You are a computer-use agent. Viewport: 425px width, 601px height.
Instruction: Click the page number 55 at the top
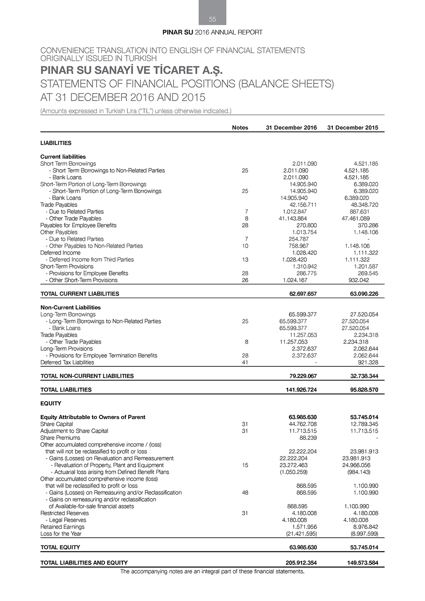(212, 19)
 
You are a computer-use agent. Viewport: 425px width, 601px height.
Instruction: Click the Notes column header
(240, 128)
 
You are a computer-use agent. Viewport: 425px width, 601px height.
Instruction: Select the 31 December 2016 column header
(291, 128)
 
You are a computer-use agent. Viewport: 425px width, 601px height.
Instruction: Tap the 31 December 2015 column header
(352, 128)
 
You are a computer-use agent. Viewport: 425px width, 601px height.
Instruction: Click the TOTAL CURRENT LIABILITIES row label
(80, 294)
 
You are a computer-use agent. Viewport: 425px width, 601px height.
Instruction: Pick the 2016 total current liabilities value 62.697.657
(301, 294)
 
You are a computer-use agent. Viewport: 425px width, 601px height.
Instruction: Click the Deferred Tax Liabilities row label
(67, 363)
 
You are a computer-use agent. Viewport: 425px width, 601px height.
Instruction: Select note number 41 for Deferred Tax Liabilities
(245, 363)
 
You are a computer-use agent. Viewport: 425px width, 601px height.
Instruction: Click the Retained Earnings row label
(62, 527)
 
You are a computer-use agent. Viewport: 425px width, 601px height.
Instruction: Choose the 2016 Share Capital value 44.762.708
(303, 424)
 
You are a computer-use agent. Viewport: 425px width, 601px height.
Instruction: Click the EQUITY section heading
(51, 403)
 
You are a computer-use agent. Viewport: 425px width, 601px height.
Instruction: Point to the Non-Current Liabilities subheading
(71, 307)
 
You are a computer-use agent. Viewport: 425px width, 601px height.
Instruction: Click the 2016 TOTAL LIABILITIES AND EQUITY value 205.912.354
(301, 563)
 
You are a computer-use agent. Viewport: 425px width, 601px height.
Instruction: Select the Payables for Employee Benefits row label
(78, 225)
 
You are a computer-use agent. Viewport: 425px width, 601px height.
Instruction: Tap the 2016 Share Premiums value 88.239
(308, 438)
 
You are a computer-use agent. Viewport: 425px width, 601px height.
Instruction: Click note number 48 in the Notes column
(245, 493)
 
